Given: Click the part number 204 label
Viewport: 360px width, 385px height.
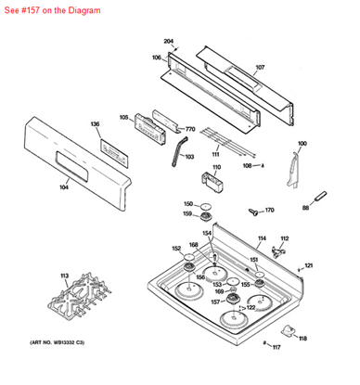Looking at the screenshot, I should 169,42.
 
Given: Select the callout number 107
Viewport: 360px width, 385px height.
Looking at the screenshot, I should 260,68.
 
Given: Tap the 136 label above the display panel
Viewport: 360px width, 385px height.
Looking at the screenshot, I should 95,123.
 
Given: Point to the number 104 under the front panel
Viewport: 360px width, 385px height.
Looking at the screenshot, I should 64,187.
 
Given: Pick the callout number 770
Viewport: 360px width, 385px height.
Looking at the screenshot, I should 190,129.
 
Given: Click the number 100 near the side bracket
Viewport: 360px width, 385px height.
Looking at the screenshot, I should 302,143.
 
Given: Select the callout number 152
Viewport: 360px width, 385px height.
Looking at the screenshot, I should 176,249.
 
